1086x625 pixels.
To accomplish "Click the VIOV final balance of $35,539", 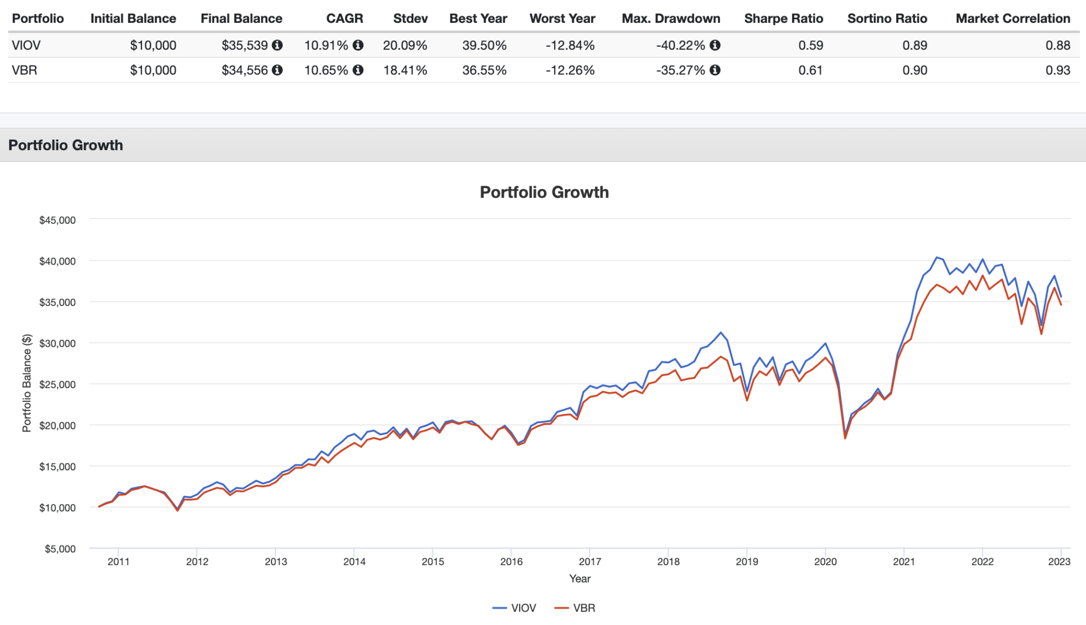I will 244,46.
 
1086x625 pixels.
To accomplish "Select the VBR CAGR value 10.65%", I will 326,71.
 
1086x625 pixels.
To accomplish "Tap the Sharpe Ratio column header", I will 783,19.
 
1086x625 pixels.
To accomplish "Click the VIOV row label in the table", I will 26,46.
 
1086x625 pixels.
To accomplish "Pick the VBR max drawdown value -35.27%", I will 680,71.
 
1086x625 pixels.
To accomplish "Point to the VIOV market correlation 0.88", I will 1057,46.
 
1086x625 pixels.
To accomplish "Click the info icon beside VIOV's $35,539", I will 277,46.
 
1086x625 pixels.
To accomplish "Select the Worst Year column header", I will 562,19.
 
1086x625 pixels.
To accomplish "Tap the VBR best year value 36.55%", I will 484,71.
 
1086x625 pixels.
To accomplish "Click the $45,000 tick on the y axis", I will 57,220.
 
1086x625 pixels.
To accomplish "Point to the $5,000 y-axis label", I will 60,549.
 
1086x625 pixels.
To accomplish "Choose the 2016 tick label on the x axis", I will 511,562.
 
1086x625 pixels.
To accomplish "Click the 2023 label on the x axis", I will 1059,562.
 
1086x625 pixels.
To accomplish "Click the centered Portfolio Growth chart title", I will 544,192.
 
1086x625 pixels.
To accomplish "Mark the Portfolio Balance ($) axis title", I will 27,383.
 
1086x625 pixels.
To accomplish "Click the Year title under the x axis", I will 580,579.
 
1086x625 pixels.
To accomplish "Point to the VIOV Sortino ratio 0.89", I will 915,46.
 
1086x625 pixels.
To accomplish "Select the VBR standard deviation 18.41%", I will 405,71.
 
